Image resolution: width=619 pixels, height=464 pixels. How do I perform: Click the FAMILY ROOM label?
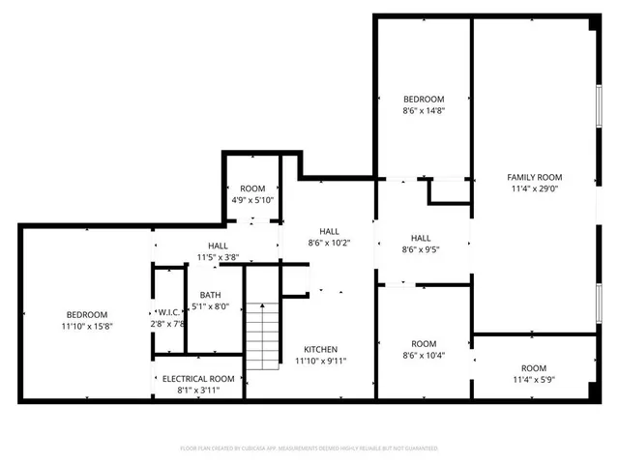pos(534,177)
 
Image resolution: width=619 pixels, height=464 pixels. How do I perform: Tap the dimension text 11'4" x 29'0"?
pos(534,188)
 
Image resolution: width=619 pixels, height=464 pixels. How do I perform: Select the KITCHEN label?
pos(321,349)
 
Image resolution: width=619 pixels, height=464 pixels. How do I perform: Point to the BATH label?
pos(210,296)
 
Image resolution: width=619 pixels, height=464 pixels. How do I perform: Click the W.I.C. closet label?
pos(167,312)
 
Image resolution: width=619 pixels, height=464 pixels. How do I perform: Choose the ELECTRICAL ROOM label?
pos(198,379)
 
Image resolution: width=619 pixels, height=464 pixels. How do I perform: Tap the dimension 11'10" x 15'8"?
pos(87,326)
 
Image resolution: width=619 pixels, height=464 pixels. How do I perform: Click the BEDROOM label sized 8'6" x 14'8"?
pos(424,100)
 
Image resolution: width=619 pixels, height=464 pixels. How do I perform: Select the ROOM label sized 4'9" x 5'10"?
pos(252,188)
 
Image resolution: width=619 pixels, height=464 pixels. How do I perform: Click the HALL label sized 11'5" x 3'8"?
pos(218,246)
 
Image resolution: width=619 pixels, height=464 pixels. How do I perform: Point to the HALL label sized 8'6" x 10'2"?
pos(329,231)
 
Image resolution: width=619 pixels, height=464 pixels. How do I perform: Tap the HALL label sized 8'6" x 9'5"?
pos(421,238)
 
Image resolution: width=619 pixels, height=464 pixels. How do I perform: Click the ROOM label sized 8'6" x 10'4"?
pos(424,343)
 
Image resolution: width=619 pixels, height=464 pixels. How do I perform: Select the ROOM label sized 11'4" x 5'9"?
pos(534,368)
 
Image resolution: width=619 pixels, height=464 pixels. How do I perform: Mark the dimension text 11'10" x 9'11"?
pos(321,361)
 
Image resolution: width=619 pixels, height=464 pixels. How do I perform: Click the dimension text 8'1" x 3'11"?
pos(198,390)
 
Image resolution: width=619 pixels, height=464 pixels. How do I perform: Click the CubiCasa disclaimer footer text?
pos(309,449)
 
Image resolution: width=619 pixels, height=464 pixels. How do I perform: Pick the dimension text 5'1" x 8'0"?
pos(210,307)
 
